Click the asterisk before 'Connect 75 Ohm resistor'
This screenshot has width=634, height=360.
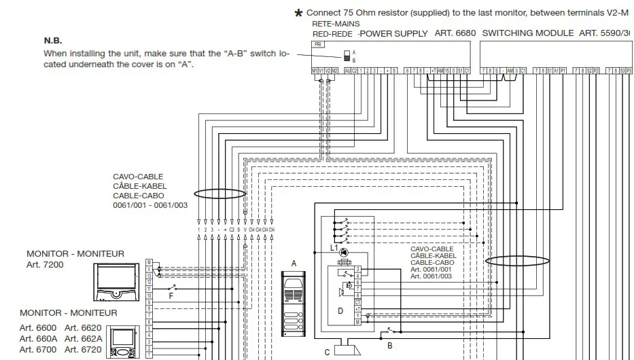click(298, 14)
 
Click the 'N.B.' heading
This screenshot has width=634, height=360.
click(53, 41)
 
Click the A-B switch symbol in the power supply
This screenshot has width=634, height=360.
click(347, 55)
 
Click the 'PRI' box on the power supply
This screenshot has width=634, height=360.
click(317, 44)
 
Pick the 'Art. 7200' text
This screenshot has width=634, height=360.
click(45, 265)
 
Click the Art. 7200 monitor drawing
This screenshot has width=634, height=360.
click(120, 281)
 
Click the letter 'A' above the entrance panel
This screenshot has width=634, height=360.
click(294, 263)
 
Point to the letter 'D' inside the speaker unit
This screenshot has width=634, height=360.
click(340, 311)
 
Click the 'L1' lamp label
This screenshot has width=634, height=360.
click(334, 249)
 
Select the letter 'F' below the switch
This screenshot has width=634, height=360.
click(171, 296)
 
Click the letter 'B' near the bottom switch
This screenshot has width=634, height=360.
click(390, 345)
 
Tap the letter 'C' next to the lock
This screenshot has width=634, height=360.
click(328, 352)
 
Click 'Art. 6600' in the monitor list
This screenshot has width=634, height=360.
click(38, 327)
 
